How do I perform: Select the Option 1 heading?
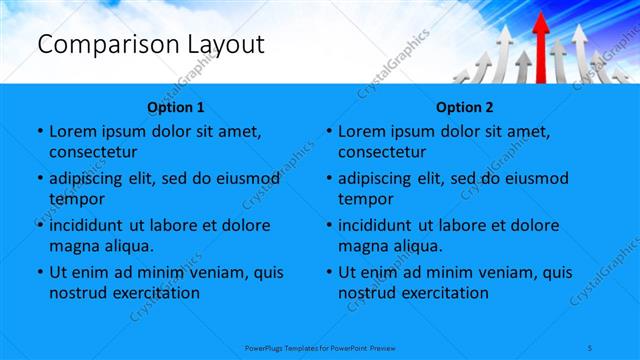point(176,107)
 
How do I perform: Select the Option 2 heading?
point(465,107)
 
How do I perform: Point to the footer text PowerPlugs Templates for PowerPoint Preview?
point(320,347)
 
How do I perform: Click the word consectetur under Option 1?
point(93,152)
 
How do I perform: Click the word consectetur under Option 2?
point(383,152)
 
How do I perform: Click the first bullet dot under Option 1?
point(39,131)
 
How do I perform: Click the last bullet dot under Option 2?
point(329,272)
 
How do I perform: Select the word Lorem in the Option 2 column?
point(361,131)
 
